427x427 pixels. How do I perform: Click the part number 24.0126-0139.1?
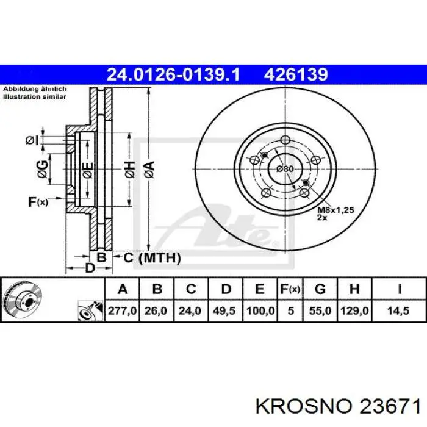[x=173, y=74]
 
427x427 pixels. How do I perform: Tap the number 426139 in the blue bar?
[x=296, y=74]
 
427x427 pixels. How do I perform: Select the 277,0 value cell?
[x=122, y=310]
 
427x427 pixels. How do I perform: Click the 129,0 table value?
[x=354, y=310]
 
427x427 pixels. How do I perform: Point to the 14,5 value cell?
[x=399, y=310]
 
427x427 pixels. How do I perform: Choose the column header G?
[x=320, y=289]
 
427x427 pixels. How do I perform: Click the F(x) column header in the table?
[x=290, y=289]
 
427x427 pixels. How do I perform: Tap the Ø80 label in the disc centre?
[x=285, y=169]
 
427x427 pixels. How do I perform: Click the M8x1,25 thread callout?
[x=335, y=210]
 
